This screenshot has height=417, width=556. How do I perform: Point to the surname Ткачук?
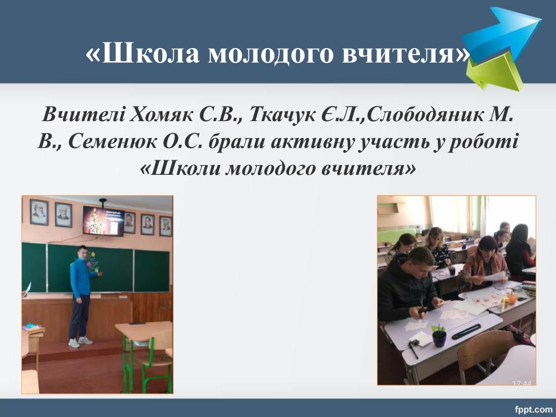282,115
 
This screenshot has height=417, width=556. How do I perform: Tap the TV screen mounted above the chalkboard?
104,221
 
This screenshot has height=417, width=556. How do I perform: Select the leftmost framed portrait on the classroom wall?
39,212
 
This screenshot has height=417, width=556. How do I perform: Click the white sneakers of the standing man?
80,342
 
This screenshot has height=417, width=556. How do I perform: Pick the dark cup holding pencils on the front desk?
440,338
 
